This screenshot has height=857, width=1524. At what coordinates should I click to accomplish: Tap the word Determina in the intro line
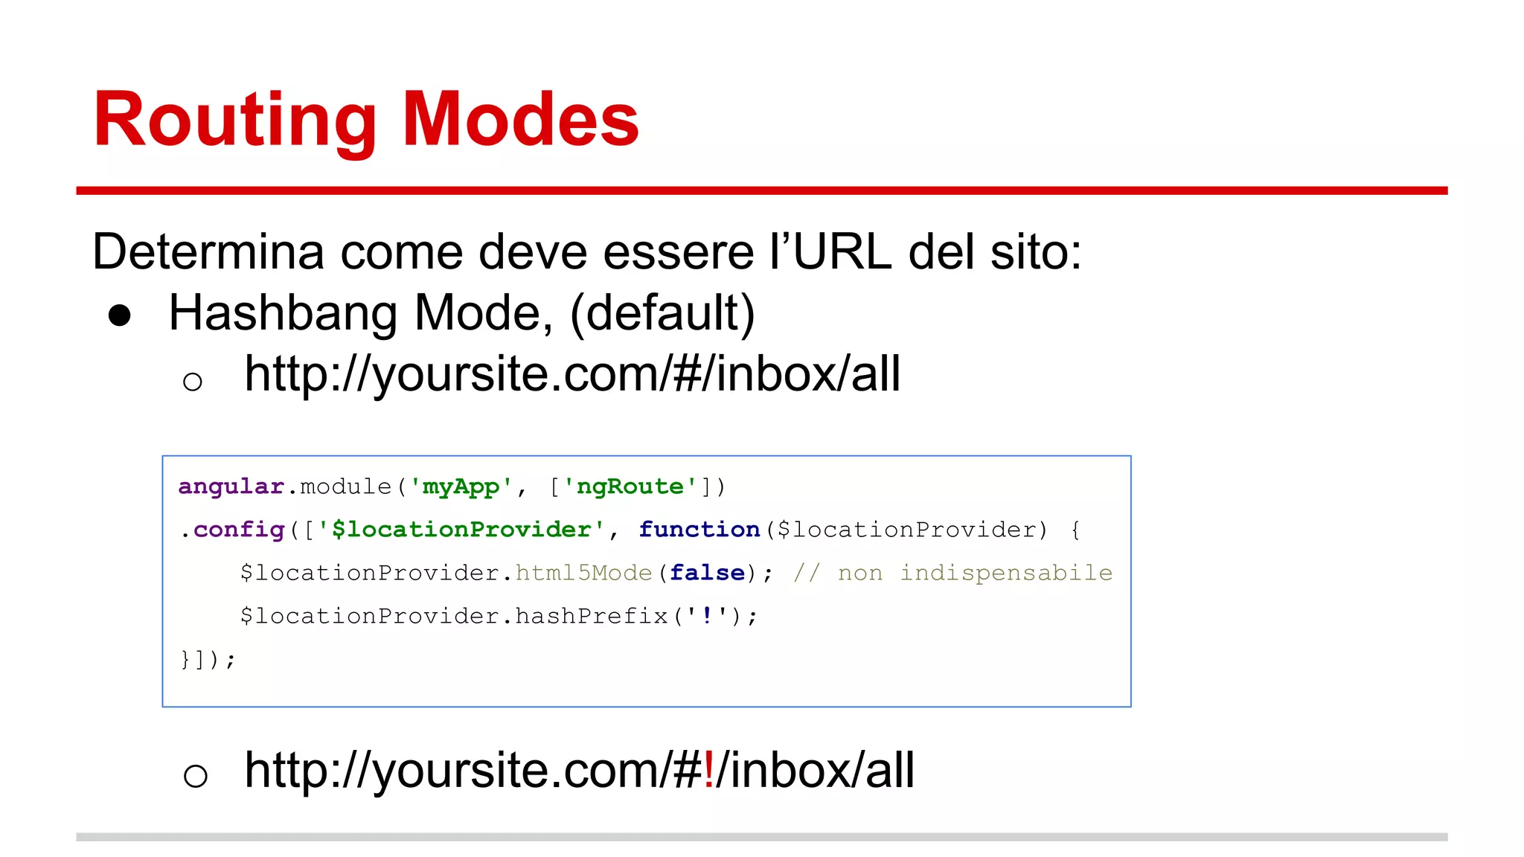coord(208,252)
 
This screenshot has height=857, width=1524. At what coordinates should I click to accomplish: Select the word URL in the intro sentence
coord(842,252)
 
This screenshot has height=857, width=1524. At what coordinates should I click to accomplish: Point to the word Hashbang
coord(283,313)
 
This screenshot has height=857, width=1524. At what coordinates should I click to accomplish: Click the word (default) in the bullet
coord(662,313)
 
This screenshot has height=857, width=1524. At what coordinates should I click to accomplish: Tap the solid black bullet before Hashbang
coord(120,315)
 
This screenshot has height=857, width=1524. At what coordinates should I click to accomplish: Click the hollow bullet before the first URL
coord(193,382)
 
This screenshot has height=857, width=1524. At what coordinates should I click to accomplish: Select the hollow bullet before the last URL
coord(195,776)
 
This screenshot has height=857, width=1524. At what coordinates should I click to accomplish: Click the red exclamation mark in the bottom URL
coord(708,770)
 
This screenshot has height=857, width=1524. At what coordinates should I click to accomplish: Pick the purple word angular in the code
coord(231,487)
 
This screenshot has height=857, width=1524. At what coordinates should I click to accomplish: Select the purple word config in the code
coord(239,530)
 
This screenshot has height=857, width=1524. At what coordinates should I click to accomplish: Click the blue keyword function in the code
coord(699,530)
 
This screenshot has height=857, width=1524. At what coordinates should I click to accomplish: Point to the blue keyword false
coord(707,573)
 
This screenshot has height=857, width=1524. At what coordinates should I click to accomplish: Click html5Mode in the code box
coord(583,573)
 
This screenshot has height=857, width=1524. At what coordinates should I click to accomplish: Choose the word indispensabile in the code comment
coord(1006,573)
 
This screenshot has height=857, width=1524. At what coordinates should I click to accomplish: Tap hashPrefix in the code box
coord(592,616)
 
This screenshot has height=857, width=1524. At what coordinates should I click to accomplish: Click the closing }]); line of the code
coord(208,660)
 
